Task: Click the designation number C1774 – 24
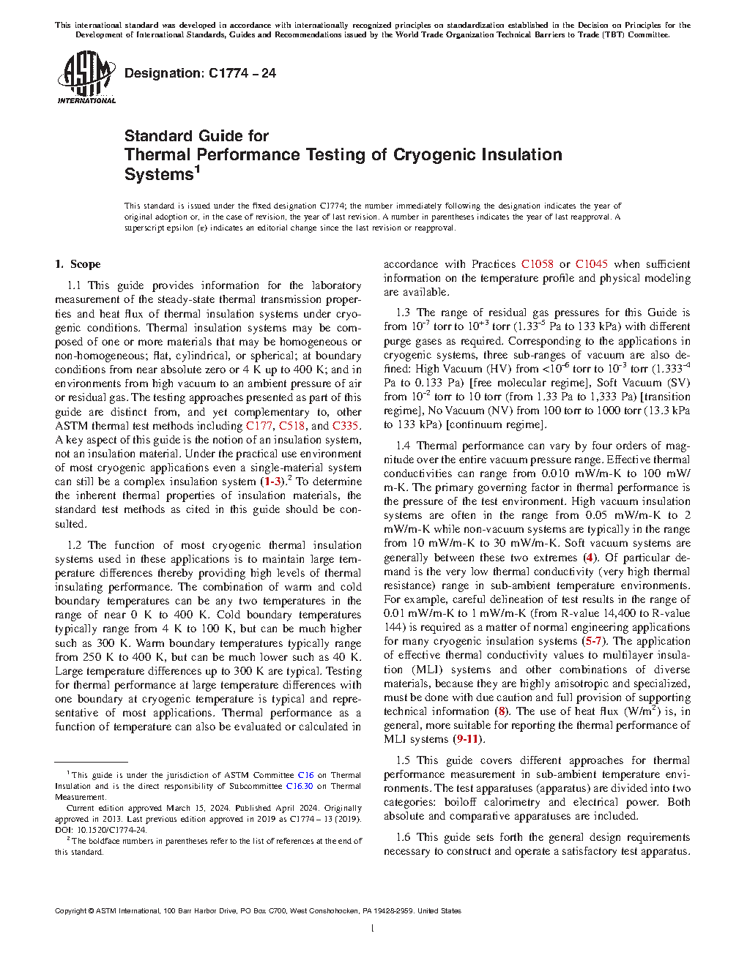[242, 73]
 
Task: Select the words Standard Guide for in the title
[196, 136]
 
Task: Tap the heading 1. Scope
[78, 264]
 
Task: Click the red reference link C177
[259, 426]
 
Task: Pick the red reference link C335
[346, 426]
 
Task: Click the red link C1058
[537, 264]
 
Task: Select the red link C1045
[591, 264]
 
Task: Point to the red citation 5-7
[593, 641]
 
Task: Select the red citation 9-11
[467, 739]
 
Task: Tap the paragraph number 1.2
[74, 545]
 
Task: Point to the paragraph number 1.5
[403, 760]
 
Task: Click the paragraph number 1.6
[403, 837]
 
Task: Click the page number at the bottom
[373, 929]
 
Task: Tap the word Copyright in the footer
[70, 911]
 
